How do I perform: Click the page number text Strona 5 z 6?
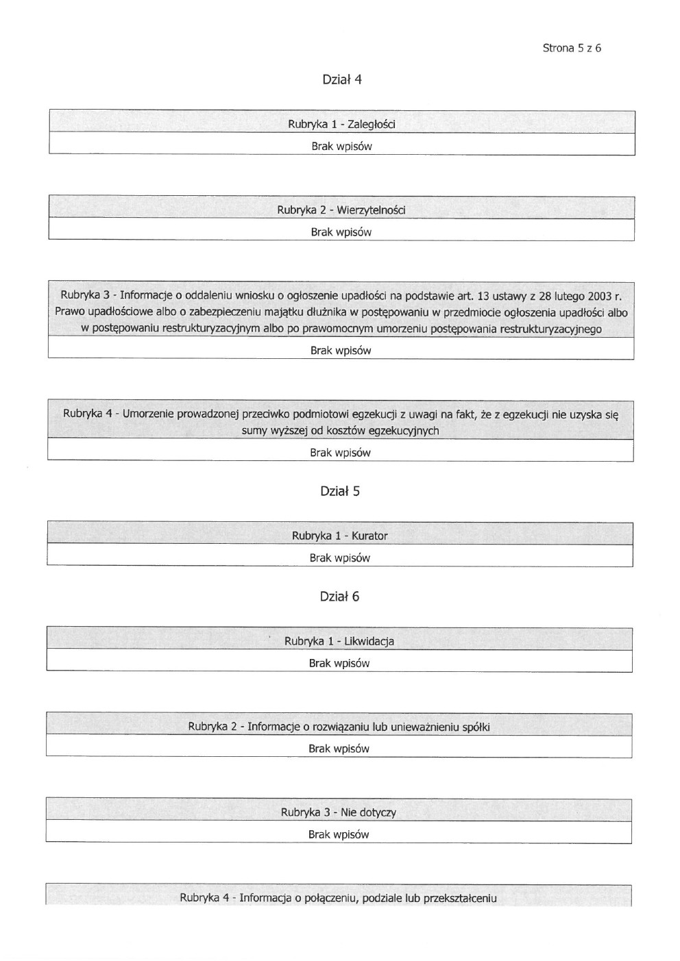(x=572, y=48)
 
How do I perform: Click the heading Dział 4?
(x=341, y=79)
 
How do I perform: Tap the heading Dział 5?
(x=339, y=491)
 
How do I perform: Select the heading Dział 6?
(x=339, y=597)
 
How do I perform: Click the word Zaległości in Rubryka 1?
(x=371, y=125)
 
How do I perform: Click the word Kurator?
(x=369, y=536)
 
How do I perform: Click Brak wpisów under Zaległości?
(x=341, y=147)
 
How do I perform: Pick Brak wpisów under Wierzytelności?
(x=341, y=232)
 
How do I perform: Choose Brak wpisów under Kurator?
(x=339, y=558)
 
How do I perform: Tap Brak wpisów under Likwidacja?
(x=339, y=664)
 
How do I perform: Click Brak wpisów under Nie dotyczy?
(x=339, y=835)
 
